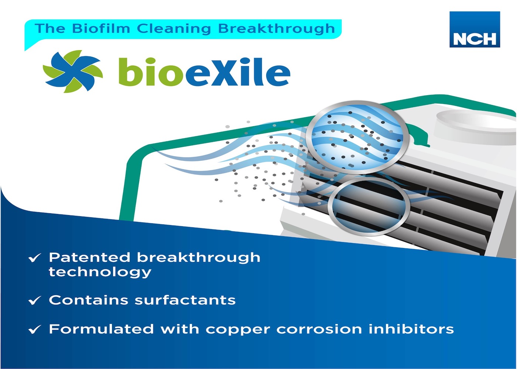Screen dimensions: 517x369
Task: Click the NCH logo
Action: coord(475,29)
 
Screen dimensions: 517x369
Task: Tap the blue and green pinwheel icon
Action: coord(73,71)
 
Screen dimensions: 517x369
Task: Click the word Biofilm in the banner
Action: coord(101,29)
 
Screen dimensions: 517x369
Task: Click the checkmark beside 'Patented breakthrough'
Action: coord(35,258)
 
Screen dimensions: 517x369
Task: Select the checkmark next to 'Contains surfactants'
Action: coord(35,300)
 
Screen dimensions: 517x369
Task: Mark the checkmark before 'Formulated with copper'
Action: coord(35,329)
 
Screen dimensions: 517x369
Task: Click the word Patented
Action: coord(89,257)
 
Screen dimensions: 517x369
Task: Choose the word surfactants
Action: coord(185,300)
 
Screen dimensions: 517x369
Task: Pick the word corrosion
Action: coord(319,329)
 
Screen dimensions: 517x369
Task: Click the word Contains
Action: coord(88,300)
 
